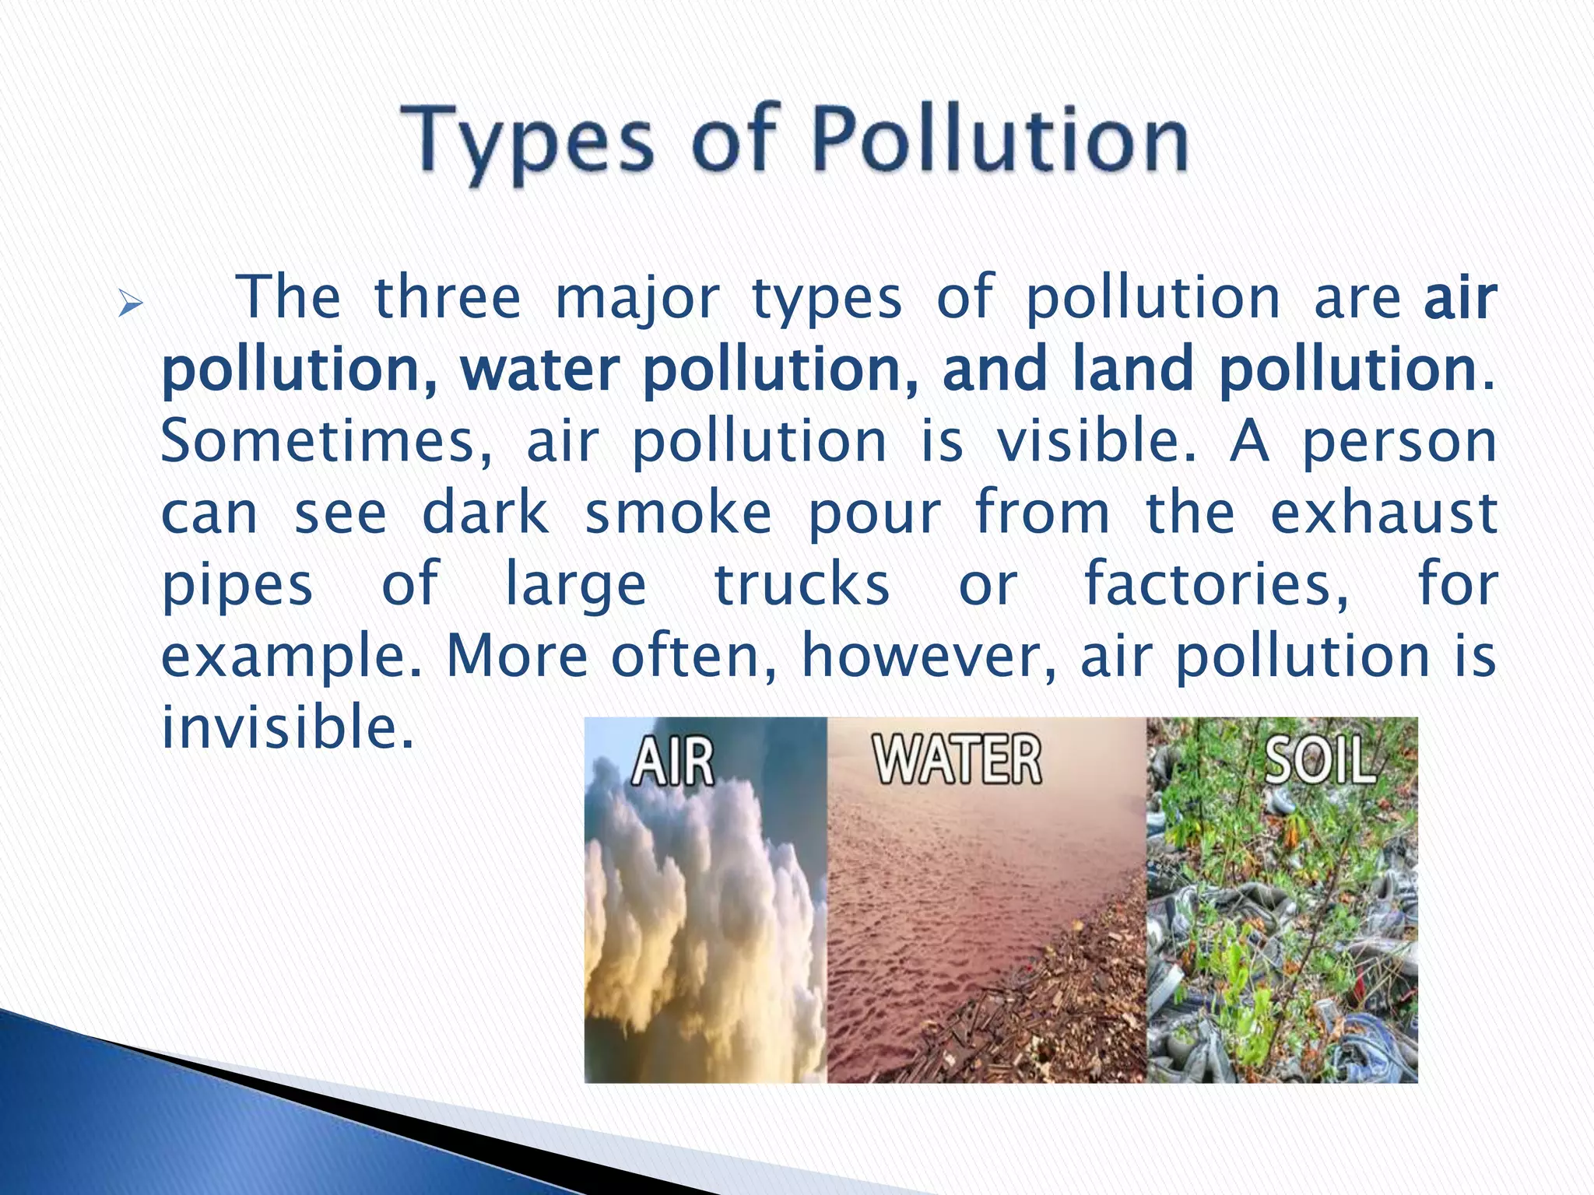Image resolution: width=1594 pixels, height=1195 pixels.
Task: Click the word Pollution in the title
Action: pyautogui.click(x=1001, y=140)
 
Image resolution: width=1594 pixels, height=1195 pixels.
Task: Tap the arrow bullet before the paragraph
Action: pyautogui.click(x=130, y=303)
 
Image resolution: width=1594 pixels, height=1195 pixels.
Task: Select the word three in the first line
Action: pyautogui.click(x=447, y=298)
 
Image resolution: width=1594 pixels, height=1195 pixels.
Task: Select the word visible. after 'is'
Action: pyautogui.click(x=1097, y=440)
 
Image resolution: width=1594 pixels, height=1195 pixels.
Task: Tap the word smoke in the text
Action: pyautogui.click(x=678, y=513)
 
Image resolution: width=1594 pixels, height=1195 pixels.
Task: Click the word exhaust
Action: pyautogui.click(x=1384, y=513)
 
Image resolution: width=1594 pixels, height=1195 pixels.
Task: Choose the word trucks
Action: pyautogui.click(x=802, y=585)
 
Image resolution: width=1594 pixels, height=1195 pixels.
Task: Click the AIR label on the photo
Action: pyautogui.click(x=672, y=762)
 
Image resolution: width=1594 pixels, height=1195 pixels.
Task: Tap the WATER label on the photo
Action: pyautogui.click(x=957, y=760)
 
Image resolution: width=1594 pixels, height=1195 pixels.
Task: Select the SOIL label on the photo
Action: pyautogui.click(x=1320, y=760)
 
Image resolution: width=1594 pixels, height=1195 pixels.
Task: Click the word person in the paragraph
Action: pyautogui.click(x=1399, y=442)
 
